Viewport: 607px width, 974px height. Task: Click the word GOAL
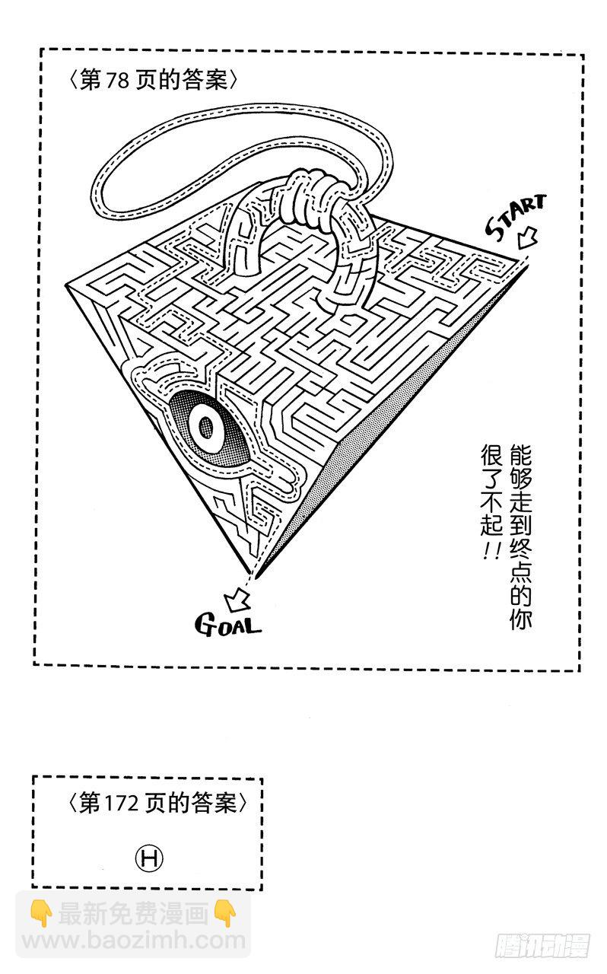(228, 625)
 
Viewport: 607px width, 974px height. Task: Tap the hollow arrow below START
(525, 240)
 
